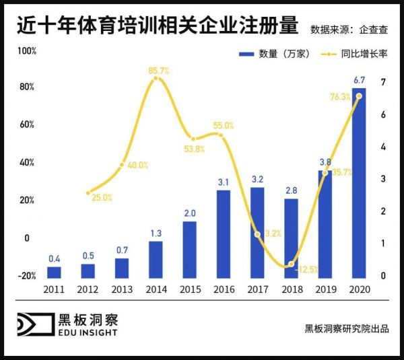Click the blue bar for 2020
[x=359, y=182]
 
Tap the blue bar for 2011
[x=55, y=272]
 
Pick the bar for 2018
[x=291, y=238]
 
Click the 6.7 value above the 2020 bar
[x=359, y=81]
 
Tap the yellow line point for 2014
[x=156, y=79]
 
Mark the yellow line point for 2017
[x=257, y=234]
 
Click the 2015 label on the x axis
[x=189, y=289]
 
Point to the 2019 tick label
[x=325, y=289]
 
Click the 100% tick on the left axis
[x=26, y=51]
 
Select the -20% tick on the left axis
[x=26, y=275]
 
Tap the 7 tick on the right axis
[x=382, y=82]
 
